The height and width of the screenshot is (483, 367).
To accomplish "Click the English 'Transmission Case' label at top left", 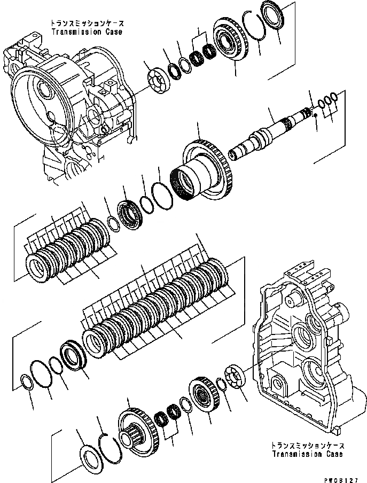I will pos(87,32).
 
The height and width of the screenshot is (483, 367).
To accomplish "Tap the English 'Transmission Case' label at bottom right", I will pos(308,454).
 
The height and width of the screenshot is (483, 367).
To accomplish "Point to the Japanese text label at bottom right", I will pos(308,446).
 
